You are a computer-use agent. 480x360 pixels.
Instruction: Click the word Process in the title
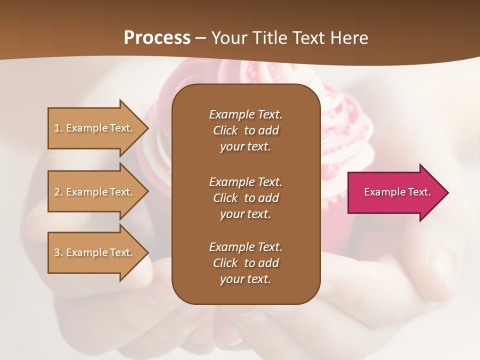pyautogui.click(x=157, y=38)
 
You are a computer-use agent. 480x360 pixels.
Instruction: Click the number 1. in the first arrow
pyautogui.click(x=58, y=128)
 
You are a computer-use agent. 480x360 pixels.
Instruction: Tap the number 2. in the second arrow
pyautogui.click(x=58, y=192)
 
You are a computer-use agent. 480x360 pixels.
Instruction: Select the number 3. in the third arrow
pyautogui.click(x=58, y=252)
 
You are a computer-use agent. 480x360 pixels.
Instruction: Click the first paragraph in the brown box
pyautogui.click(x=245, y=130)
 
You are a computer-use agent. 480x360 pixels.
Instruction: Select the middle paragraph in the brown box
pyautogui.click(x=245, y=198)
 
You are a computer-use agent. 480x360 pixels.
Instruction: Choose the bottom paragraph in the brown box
pyautogui.click(x=245, y=263)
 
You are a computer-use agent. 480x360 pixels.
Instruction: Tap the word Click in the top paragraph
pyautogui.click(x=225, y=130)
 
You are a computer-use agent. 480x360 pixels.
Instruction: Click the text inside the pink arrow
pyautogui.click(x=397, y=192)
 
